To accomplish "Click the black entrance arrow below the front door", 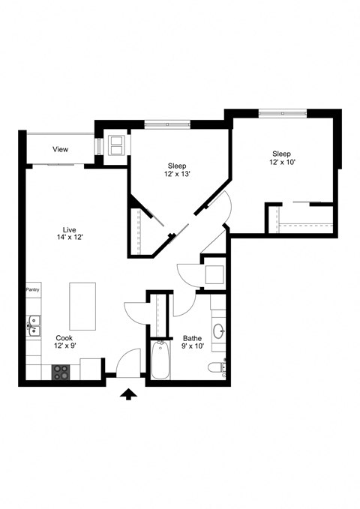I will tap(129, 394).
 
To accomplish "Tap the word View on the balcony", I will tap(60, 149).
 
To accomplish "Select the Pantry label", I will tap(32, 289).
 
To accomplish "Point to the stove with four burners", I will tap(61, 371).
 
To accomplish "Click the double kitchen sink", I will tap(33, 325).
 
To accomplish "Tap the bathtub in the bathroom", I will tap(160, 361).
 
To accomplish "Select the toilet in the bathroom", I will tap(216, 367).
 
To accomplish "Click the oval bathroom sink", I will tap(219, 330).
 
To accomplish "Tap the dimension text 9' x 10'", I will tap(192, 346).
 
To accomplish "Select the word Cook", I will tap(64, 337).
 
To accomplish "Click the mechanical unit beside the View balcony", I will tap(117, 144).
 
